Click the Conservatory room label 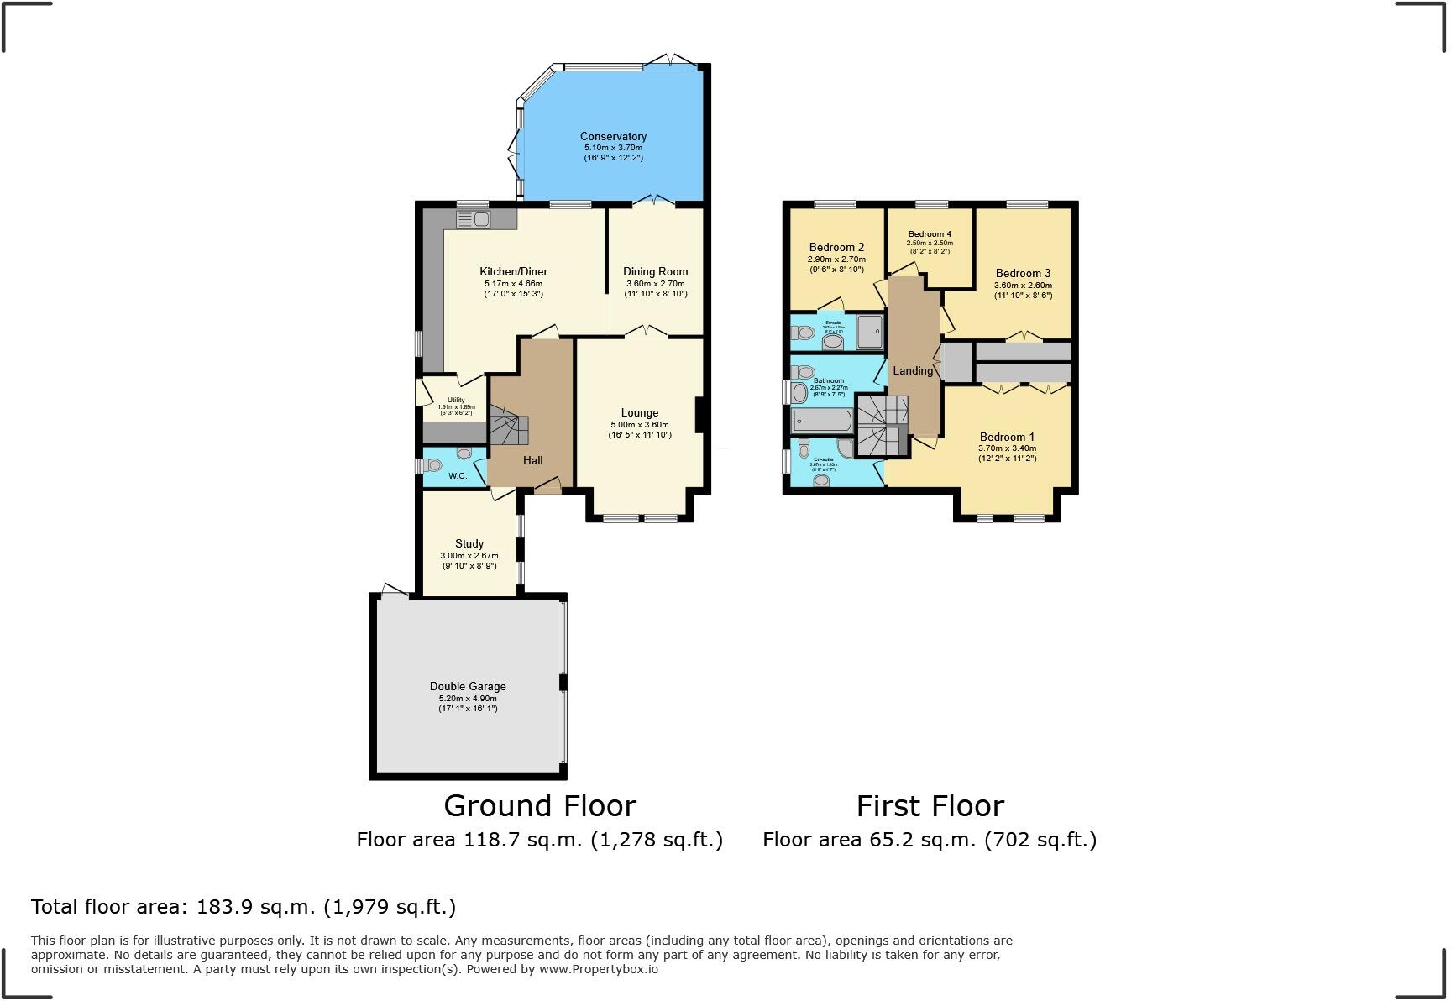[x=613, y=136]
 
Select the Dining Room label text [x=655, y=271]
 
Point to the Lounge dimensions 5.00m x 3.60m [x=639, y=424]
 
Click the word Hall [x=532, y=460]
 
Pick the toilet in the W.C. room [x=434, y=464]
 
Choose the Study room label [x=469, y=543]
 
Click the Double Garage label [x=468, y=686]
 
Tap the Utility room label [x=456, y=400]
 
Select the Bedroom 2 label [x=836, y=247]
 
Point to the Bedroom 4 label [x=930, y=233]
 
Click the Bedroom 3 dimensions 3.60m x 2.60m [x=1023, y=285]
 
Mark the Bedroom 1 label [x=1007, y=437]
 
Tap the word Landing [x=913, y=370]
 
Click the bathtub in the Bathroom [x=822, y=420]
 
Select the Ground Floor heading [x=539, y=805]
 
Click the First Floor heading [x=930, y=805]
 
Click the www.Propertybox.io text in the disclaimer [x=598, y=969]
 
